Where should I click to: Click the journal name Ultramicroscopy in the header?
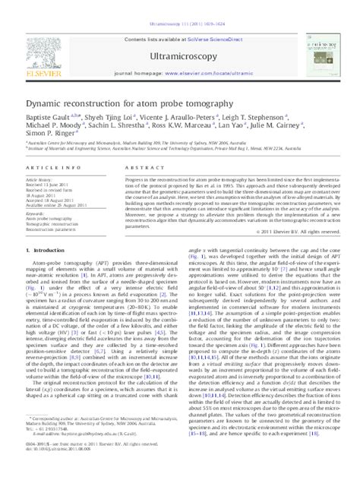180,36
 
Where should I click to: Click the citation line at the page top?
180,4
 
